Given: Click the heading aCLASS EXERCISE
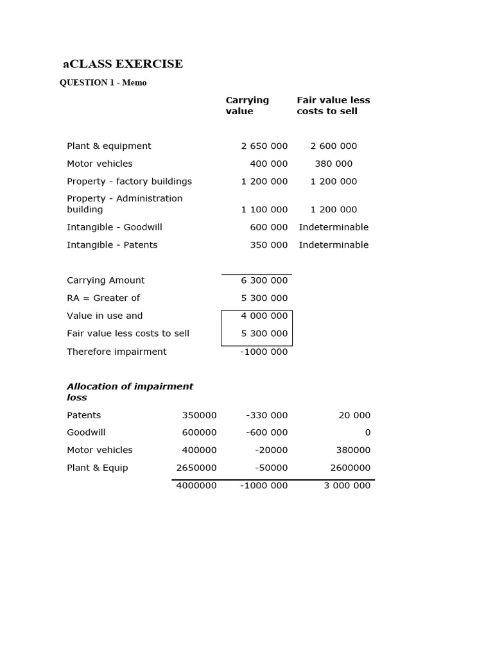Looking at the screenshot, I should tap(123, 64).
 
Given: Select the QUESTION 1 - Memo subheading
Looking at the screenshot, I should tap(103, 83).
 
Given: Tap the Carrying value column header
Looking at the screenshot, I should tap(247, 106).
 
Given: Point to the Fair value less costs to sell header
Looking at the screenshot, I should tap(333, 106).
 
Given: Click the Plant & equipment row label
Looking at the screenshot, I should tap(109, 146).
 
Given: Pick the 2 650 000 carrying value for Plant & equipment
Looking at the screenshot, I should tap(264, 146).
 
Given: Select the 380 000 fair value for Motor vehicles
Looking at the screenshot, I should tap(334, 164).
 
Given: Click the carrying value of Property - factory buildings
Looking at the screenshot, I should tap(264, 182).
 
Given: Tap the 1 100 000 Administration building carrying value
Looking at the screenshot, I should tap(264, 210).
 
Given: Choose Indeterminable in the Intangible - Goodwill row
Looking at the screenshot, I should tap(334, 227).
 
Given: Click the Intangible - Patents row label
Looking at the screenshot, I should tap(112, 245).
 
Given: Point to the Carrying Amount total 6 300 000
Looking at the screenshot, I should tap(264, 280).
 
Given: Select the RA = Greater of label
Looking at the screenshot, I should tap(103, 298).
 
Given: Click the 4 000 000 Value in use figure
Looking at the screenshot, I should tap(264, 316).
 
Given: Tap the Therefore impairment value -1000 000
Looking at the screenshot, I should tap(264, 352).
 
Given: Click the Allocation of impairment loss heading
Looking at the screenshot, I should tap(130, 392).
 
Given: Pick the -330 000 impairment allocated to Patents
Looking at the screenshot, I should tap(267, 416).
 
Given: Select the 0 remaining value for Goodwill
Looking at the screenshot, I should tap(368, 433).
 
